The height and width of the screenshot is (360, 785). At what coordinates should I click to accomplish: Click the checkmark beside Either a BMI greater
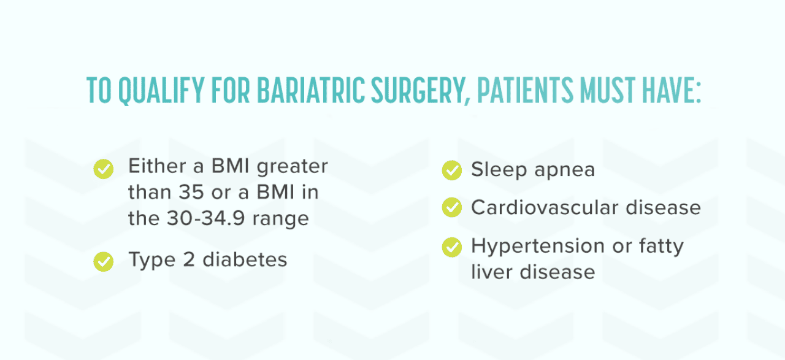103,168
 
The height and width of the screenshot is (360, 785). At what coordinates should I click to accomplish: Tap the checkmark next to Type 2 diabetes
103,261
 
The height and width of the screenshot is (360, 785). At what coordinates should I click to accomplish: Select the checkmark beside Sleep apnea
451,170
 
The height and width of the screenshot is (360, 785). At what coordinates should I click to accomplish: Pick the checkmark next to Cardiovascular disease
451,209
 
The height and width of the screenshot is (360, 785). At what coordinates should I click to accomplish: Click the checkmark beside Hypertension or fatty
451,247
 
